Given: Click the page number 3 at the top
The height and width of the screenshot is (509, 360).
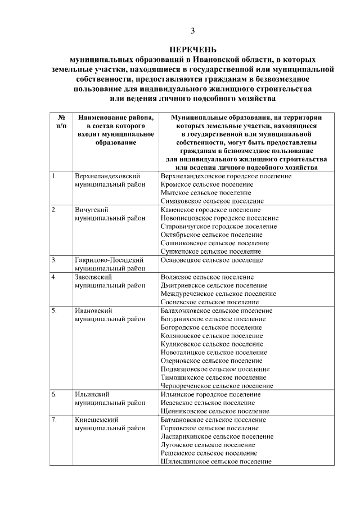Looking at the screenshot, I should [x=193, y=30].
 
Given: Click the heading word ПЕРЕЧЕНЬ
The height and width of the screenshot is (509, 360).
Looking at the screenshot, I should [x=193, y=49].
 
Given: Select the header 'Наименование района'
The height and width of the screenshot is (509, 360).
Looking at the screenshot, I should [x=116, y=118].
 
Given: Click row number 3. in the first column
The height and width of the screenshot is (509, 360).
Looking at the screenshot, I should [x=54, y=260].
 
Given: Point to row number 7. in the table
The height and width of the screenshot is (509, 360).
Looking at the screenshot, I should [x=54, y=420].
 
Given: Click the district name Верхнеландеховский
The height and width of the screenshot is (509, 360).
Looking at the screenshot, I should [x=107, y=176].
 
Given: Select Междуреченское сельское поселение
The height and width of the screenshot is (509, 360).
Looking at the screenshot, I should [x=218, y=294].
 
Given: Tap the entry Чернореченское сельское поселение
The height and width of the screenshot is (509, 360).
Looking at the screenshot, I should [x=217, y=386].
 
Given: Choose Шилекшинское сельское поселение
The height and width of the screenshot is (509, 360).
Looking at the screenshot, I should [x=216, y=461].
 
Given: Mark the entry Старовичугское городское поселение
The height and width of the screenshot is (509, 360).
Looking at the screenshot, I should [x=219, y=226].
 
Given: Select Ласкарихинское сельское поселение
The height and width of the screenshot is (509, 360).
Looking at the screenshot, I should [x=217, y=436].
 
